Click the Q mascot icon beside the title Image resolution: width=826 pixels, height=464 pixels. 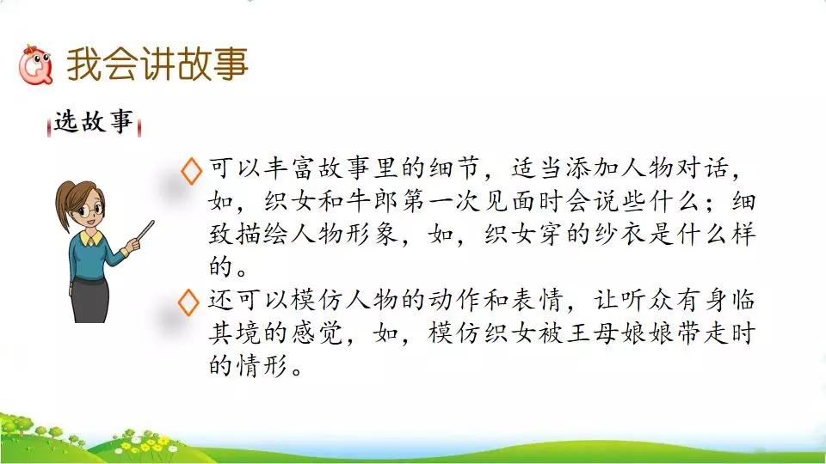35,65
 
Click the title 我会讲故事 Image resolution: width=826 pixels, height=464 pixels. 157,64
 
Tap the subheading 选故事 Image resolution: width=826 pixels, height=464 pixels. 94,122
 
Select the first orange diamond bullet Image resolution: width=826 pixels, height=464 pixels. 191,170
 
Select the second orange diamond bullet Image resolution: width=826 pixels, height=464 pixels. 188,302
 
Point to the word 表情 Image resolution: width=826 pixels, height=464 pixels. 537,300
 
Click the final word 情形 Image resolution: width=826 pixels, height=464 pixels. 262,365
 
